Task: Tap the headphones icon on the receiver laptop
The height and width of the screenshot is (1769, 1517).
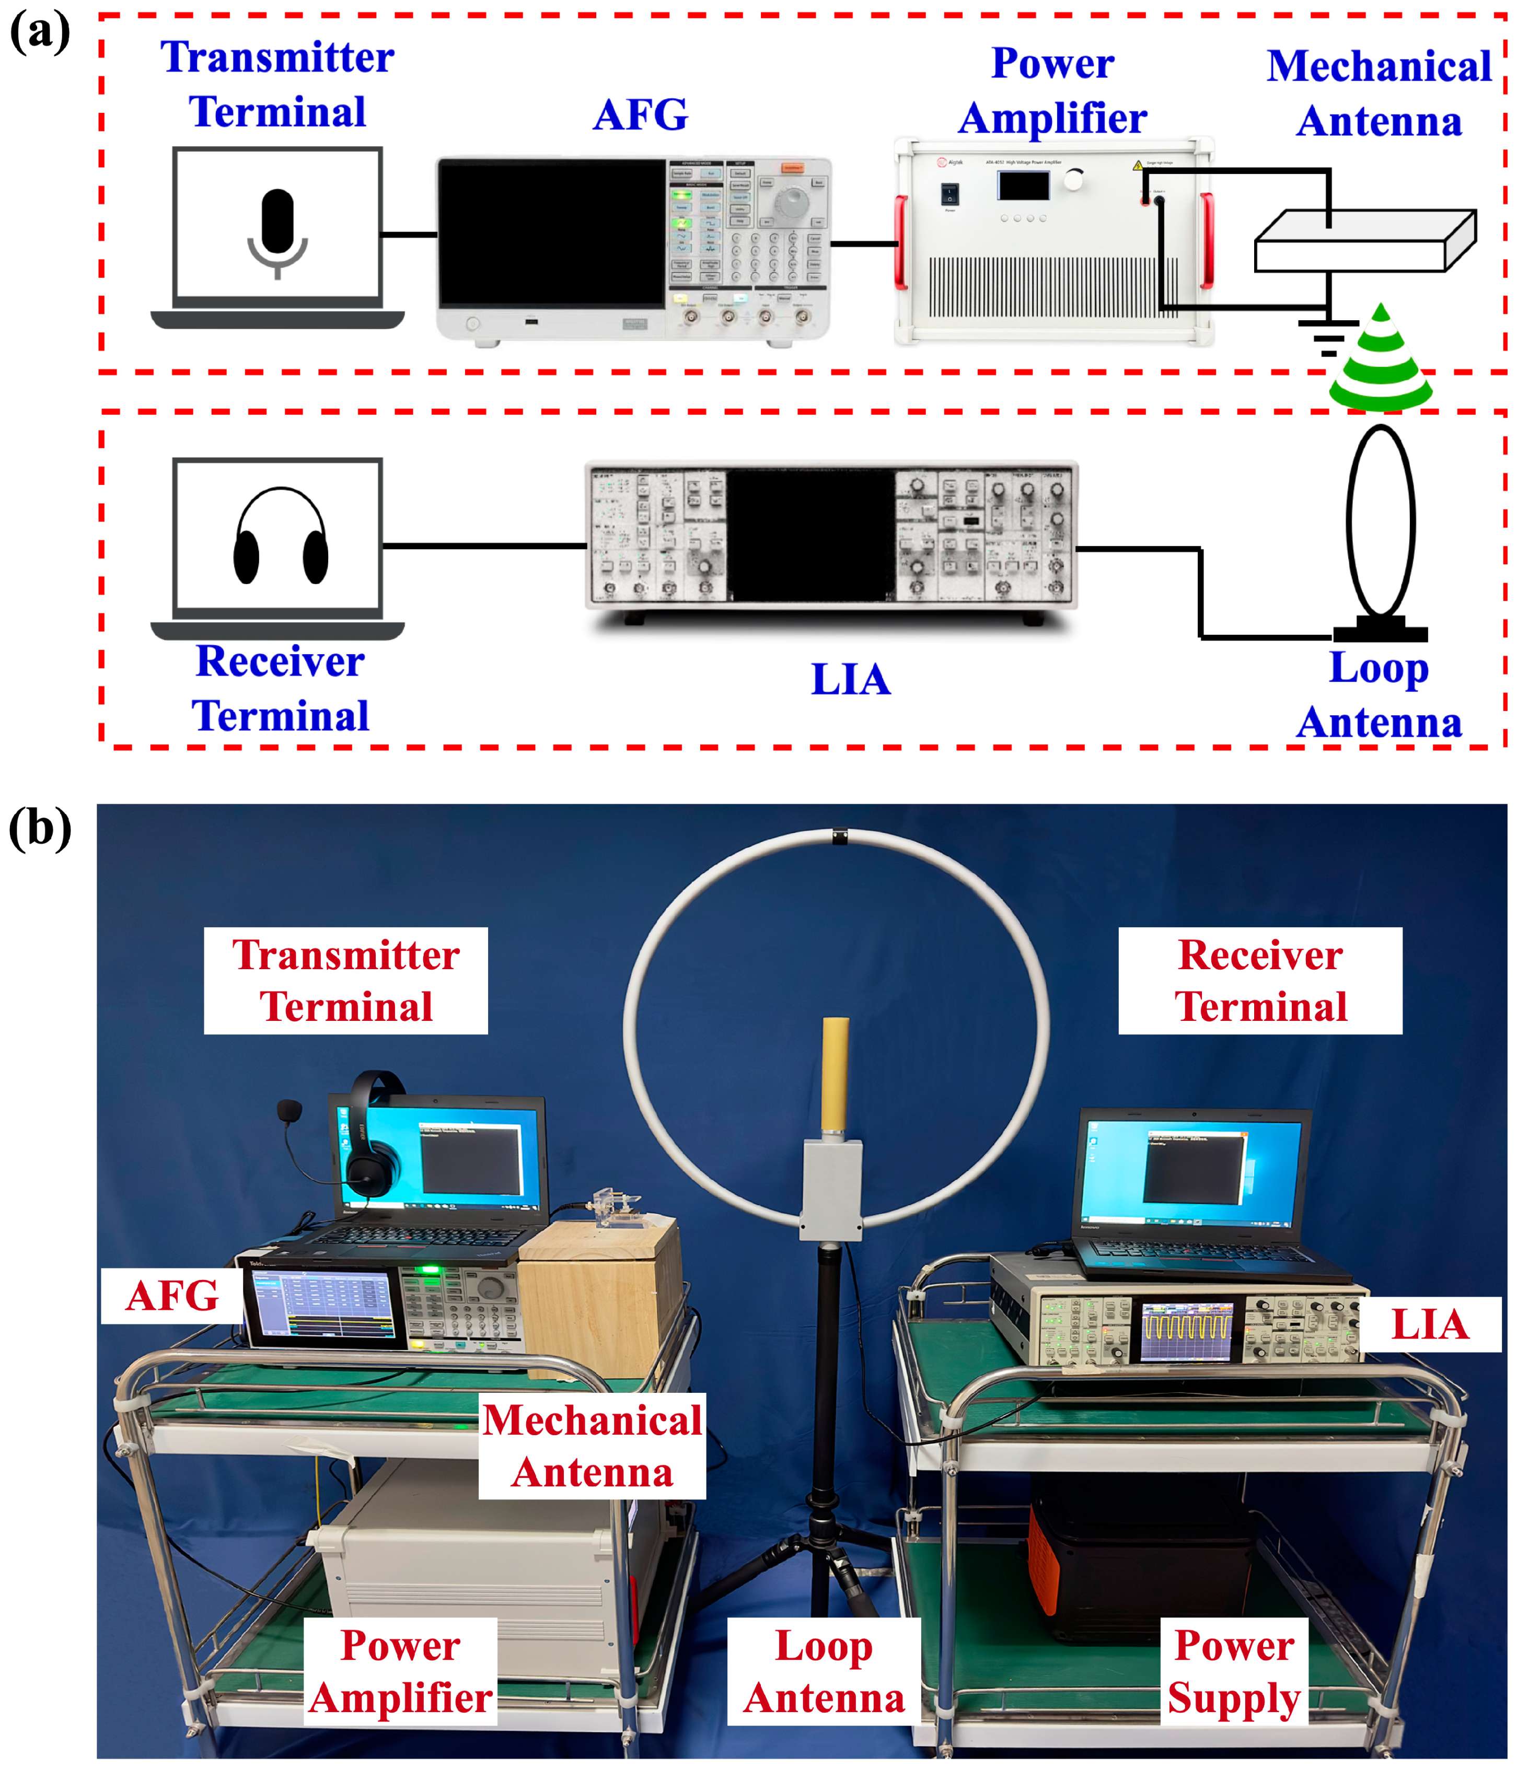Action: coord(280,538)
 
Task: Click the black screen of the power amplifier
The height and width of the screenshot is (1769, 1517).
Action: coord(1023,185)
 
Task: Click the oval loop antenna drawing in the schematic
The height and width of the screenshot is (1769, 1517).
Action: coord(1380,521)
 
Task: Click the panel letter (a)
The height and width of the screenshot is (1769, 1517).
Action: coord(39,32)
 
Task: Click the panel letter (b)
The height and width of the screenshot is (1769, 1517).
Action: coord(39,828)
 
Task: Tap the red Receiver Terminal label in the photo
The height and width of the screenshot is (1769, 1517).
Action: coord(1260,980)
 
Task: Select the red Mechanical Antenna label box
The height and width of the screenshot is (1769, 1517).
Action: coord(592,1446)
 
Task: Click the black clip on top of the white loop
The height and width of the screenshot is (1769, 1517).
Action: coord(840,836)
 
